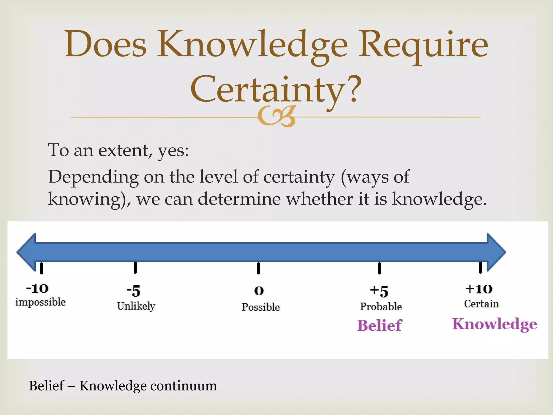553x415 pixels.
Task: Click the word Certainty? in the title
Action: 276,89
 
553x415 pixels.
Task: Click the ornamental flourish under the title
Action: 277,116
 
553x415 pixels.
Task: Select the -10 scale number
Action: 37,289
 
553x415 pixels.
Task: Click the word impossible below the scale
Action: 41,302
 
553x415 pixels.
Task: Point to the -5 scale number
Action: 133,291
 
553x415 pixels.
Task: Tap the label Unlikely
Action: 136,306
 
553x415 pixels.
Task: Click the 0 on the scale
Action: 259,291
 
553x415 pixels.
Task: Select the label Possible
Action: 261,307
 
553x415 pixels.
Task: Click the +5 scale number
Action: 379,291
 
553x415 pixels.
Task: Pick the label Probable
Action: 381,307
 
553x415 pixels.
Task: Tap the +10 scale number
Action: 479,289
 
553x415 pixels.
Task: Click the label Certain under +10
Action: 481,304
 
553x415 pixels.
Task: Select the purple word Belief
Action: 380,325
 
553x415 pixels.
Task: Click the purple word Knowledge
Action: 494,324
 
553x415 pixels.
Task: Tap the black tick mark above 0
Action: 258,268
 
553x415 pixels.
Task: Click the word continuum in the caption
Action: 183,386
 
